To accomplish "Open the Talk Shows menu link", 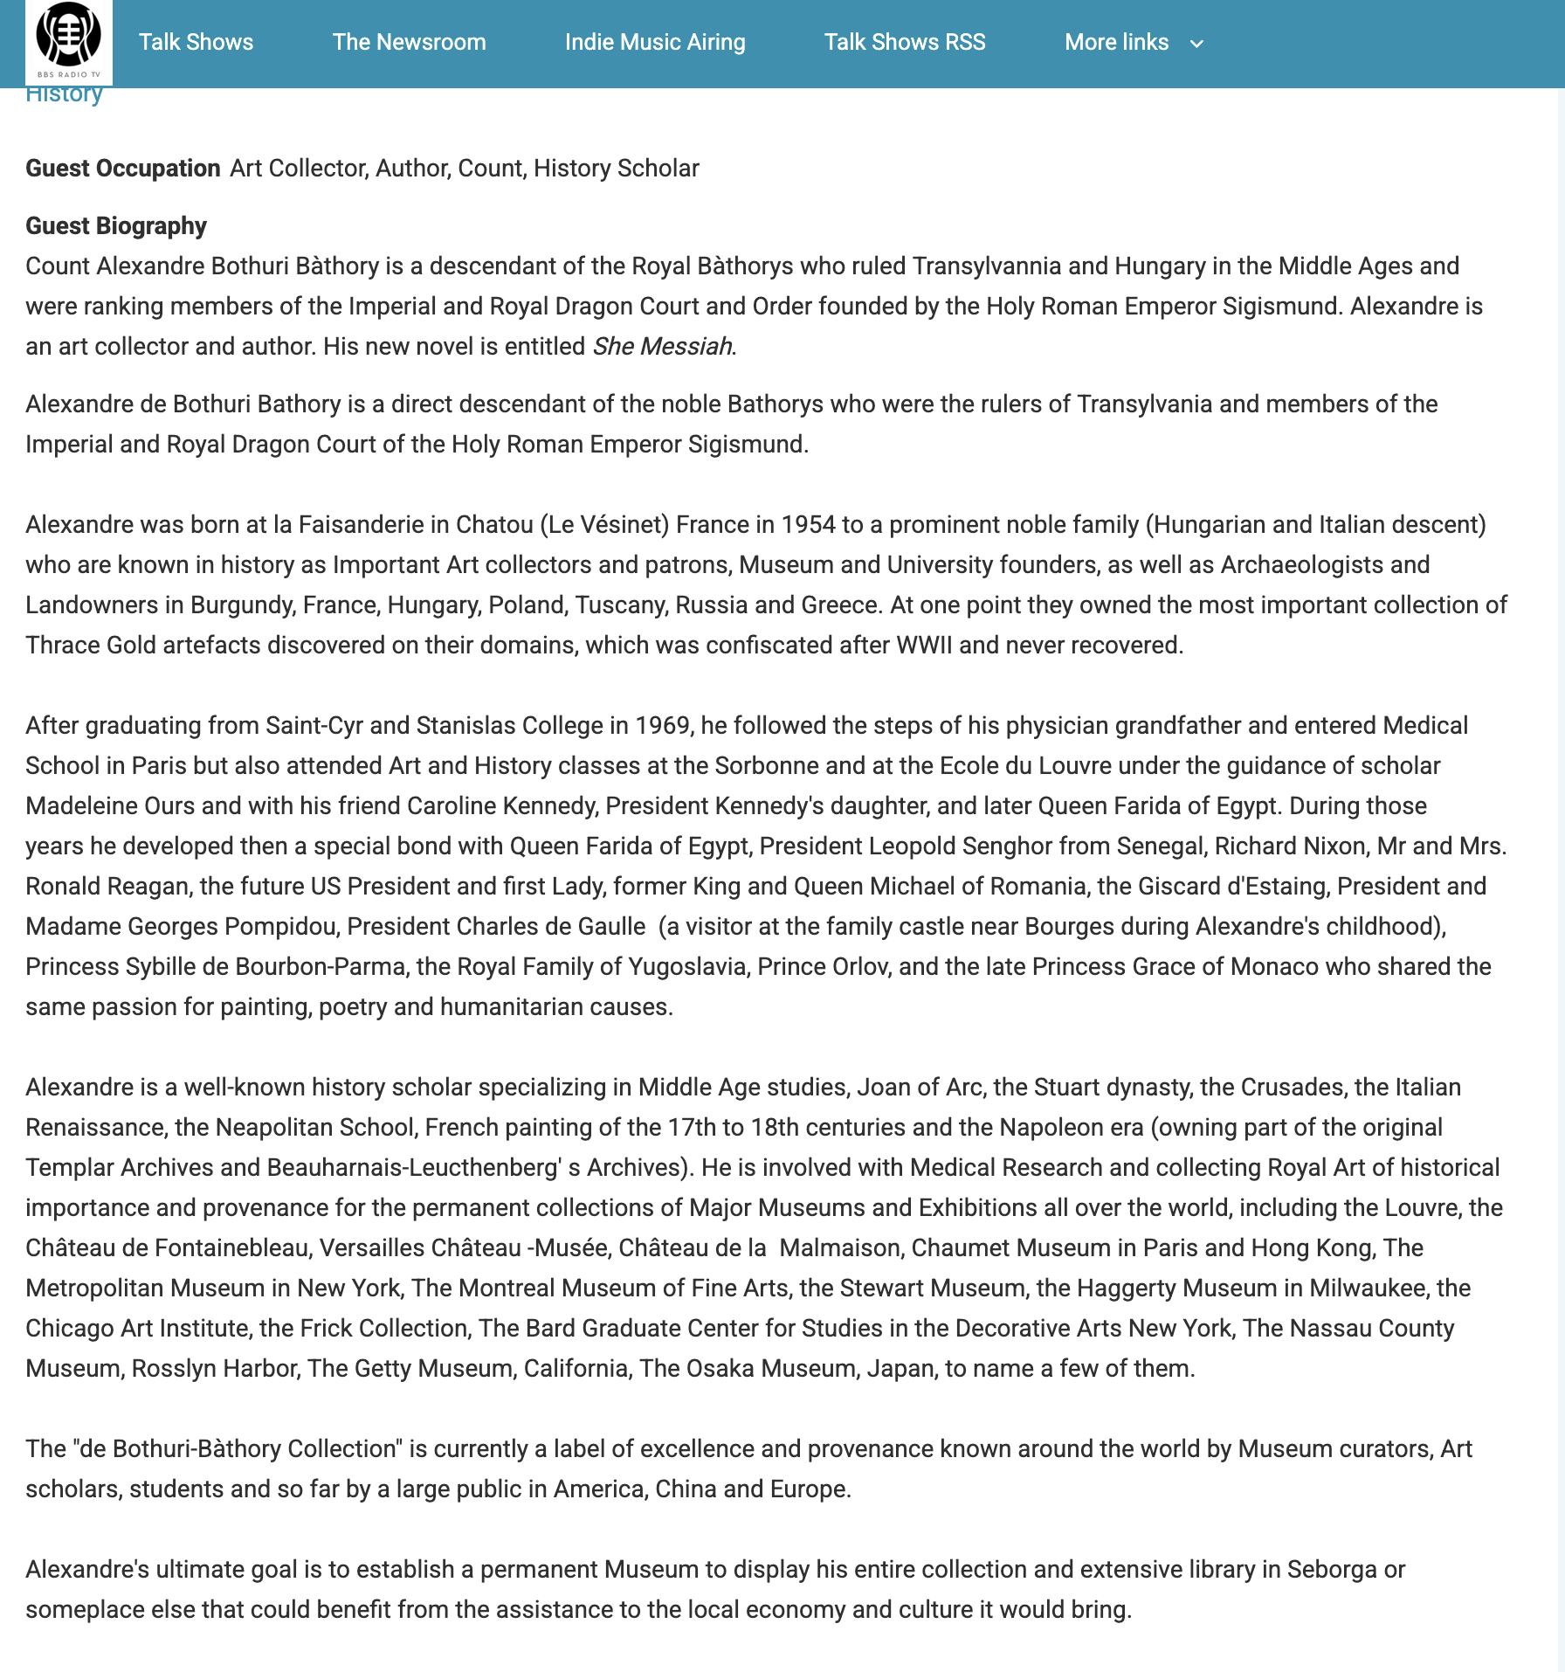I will point(196,42).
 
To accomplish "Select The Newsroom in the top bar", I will point(409,42).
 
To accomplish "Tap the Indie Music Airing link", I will point(655,42).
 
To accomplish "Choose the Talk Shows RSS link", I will point(905,42).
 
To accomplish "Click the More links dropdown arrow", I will point(1196,44).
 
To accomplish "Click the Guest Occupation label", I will point(122,168).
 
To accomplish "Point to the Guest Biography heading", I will point(116,225).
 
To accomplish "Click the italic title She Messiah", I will point(662,347).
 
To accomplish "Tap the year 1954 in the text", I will point(808,525).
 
